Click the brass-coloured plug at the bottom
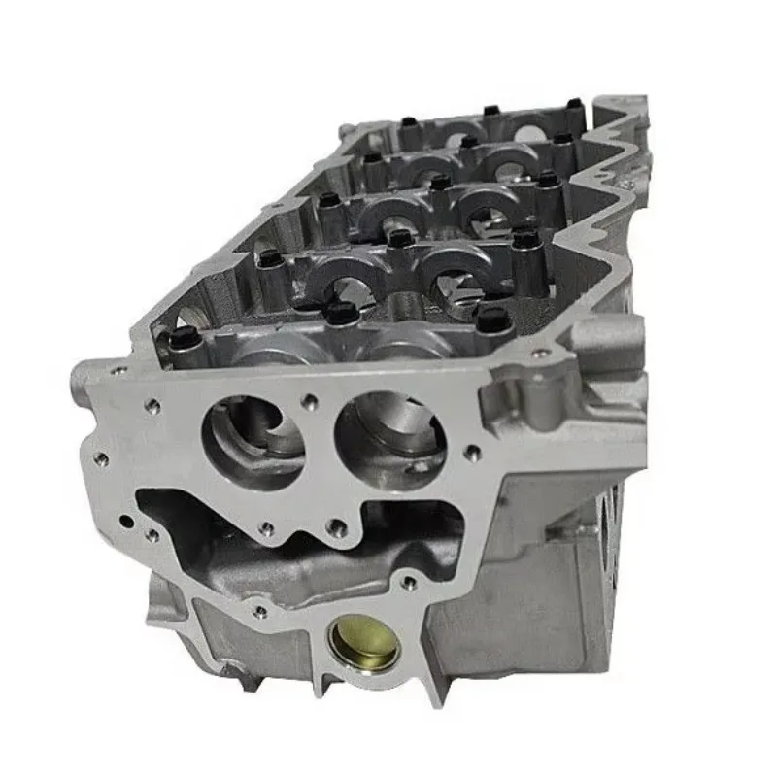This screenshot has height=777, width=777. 363,642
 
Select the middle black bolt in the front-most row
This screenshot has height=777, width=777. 341,313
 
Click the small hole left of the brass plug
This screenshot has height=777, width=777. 260,611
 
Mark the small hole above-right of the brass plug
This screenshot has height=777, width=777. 410,583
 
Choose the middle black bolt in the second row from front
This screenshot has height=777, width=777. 398,236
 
